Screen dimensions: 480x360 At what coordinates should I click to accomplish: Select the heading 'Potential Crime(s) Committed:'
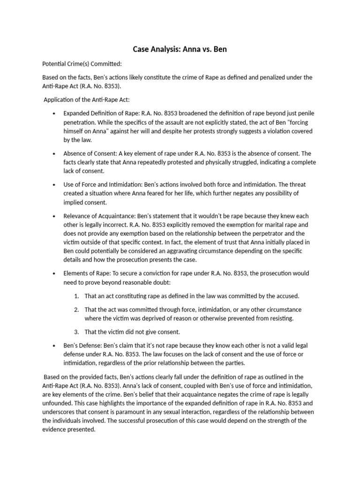coord(82,64)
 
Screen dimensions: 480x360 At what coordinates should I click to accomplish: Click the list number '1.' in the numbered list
coord(77,296)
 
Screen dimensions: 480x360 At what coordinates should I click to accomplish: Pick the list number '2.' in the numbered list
coord(77,310)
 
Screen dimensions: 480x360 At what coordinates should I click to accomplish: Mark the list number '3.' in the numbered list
coord(77,332)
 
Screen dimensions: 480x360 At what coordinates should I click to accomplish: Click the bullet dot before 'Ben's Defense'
coord(55,345)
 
